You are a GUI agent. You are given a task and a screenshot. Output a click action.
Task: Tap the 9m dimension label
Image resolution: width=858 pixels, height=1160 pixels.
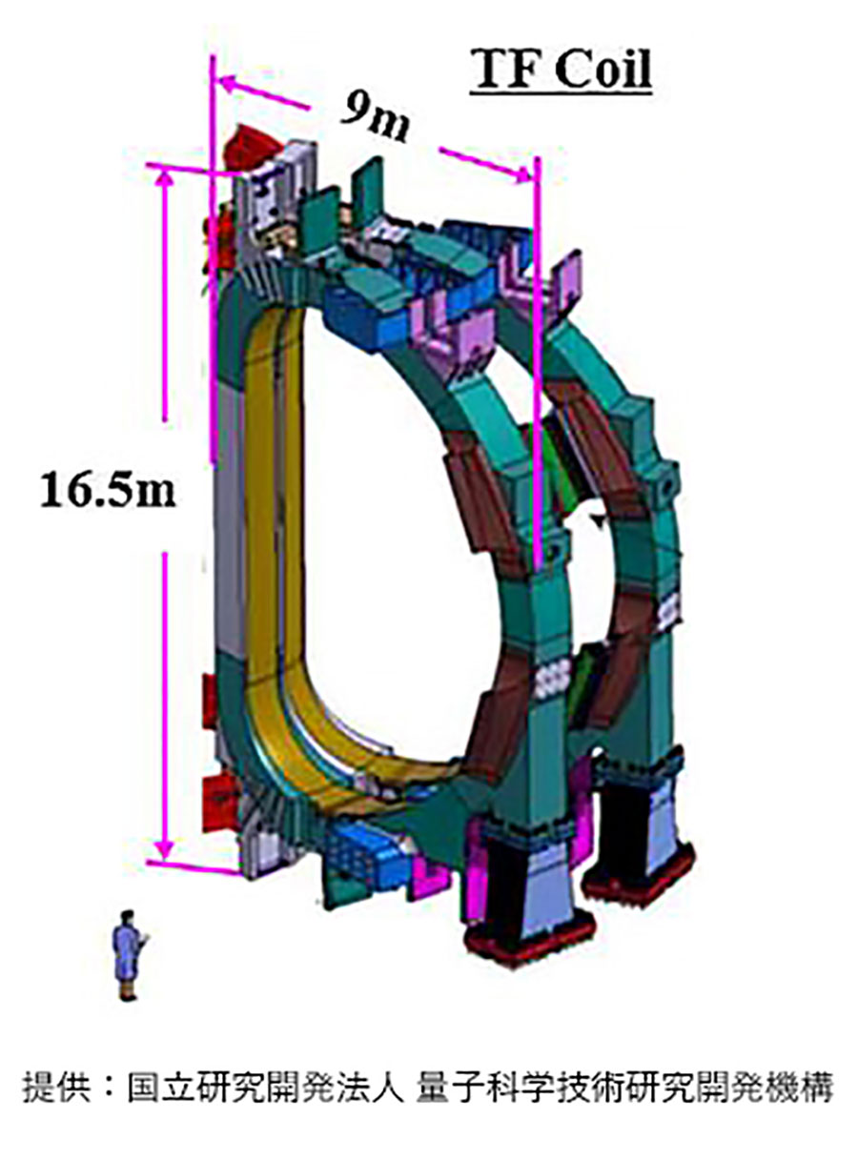376,118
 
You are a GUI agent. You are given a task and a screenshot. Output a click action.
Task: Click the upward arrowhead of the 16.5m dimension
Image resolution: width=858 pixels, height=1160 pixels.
165,177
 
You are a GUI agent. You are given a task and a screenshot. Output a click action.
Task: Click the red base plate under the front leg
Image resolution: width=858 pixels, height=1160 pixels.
529,939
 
